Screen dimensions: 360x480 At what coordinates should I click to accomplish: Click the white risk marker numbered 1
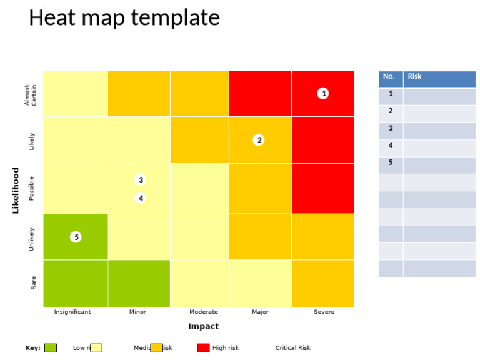pyautogui.click(x=322, y=93)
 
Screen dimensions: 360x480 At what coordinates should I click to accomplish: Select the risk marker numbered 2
pyautogui.click(x=259, y=140)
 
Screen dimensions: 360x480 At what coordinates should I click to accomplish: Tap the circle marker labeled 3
pyautogui.click(x=141, y=180)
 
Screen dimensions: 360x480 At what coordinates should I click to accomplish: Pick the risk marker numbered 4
pyautogui.click(x=141, y=198)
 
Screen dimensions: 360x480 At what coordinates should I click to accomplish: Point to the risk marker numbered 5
pyautogui.click(x=76, y=237)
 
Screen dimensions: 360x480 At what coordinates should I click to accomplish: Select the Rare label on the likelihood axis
pyautogui.click(x=33, y=282)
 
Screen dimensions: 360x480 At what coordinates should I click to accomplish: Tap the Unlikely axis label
pyautogui.click(x=32, y=239)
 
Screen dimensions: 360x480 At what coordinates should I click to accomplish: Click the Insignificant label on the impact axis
pyautogui.click(x=72, y=312)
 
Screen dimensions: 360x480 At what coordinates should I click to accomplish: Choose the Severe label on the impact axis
pyautogui.click(x=324, y=312)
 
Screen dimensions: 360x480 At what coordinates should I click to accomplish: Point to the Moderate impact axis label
pyautogui.click(x=203, y=312)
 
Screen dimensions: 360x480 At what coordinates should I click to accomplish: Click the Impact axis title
pyautogui.click(x=203, y=326)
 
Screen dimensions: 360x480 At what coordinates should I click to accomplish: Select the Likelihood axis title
pyautogui.click(x=16, y=190)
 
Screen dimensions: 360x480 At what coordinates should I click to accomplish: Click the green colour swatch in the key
pyautogui.click(x=51, y=348)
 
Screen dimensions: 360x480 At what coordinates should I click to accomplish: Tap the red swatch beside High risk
pyautogui.click(x=203, y=348)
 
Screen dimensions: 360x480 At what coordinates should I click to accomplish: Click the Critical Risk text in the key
pyautogui.click(x=292, y=348)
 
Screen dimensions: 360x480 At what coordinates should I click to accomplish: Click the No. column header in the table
pyautogui.click(x=390, y=77)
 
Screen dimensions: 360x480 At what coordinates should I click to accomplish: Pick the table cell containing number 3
pyautogui.click(x=391, y=129)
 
